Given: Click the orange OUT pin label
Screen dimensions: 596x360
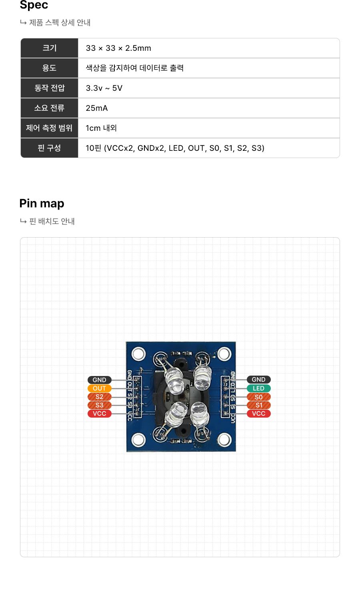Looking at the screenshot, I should coord(99,388).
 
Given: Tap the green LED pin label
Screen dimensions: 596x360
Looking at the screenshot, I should coord(258,388).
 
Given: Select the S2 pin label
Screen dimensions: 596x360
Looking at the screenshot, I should coord(99,397).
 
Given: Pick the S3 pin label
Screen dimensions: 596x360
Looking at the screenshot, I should coord(99,405).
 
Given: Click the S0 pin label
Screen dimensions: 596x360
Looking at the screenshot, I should coord(258,397).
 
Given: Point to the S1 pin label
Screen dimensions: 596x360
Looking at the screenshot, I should coord(258,405).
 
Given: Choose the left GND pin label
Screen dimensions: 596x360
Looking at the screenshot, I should coord(99,380).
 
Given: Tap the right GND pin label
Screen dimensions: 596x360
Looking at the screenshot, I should coord(258,380).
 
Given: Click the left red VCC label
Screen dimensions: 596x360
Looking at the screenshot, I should coord(99,414).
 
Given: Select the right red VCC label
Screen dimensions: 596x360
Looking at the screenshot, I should coord(258,414).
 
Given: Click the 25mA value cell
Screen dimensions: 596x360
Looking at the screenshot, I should coord(97,108).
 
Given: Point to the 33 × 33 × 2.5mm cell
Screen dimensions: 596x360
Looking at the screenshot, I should coord(118,48).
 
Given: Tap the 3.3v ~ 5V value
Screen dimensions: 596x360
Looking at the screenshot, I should coord(104,88).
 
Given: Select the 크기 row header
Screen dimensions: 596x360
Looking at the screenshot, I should coord(49,48).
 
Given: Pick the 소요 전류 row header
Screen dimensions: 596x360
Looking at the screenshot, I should coord(49,108).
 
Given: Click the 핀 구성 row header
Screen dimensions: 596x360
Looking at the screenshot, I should coord(49,148).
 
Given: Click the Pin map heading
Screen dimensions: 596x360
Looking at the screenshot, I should coord(42,204).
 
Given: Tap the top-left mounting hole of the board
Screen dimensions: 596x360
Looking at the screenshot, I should coord(138,354).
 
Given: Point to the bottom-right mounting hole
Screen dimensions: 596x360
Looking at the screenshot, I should coord(224,440).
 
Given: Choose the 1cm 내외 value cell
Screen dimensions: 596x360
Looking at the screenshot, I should coord(101,128).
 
